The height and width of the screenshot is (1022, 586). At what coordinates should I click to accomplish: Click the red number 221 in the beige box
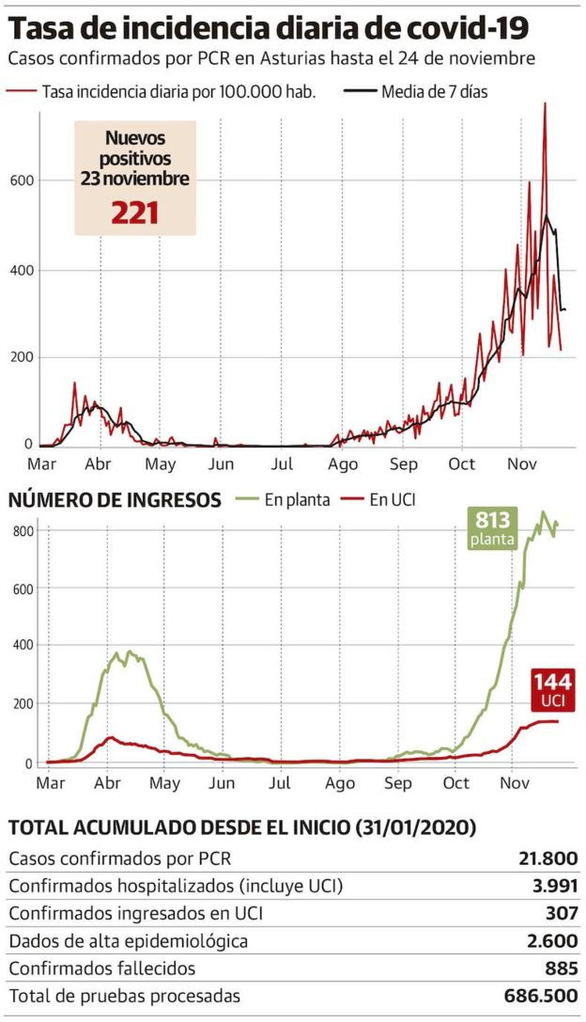135,213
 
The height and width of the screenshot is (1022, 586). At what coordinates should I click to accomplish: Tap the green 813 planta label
492,527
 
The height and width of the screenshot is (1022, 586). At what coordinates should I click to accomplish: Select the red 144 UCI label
553,689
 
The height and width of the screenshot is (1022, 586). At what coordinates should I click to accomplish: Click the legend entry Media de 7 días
434,91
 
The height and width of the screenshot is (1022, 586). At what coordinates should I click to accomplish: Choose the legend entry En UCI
392,500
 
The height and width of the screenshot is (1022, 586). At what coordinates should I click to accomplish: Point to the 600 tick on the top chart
22,181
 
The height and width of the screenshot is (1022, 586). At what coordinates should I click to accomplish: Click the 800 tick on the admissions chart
23,531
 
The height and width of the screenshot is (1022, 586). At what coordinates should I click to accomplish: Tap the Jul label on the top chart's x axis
282,464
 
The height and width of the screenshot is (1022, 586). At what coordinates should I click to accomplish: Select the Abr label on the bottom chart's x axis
108,783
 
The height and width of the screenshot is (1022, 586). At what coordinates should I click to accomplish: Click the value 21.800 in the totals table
548,858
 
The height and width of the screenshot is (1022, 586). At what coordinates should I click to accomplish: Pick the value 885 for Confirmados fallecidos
561,968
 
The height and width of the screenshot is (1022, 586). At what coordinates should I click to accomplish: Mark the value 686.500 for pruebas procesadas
540,996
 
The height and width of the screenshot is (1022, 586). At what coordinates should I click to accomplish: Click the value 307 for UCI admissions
561,913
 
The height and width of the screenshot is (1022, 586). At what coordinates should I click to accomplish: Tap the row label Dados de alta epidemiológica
128,941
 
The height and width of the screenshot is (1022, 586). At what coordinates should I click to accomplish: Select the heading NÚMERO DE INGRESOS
115,500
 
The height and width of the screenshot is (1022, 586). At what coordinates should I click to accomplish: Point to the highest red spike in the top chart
545,104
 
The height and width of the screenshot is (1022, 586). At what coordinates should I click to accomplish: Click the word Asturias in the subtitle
299,58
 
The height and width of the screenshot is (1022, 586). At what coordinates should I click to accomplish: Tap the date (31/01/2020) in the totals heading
416,827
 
